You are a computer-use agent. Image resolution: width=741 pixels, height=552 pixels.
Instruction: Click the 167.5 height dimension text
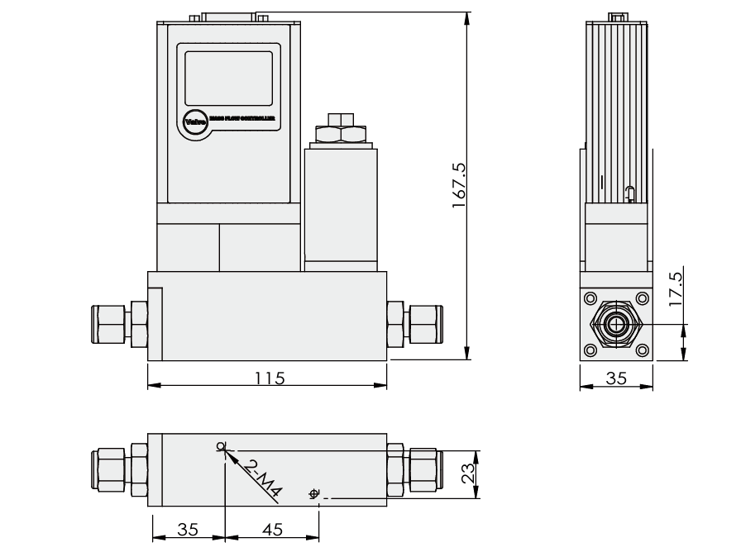(x=460, y=185)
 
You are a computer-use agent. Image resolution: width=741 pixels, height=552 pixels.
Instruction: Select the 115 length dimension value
(x=270, y=378)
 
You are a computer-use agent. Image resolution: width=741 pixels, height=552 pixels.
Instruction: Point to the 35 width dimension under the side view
(x=616, y=378)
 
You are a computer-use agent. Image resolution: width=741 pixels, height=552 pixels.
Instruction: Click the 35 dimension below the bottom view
(x=189, y=530)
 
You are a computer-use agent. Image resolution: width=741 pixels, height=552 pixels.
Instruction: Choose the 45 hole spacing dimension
(x=272, y=530)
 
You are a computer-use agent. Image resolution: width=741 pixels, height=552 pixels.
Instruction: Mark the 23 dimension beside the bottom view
(x=467, y=474)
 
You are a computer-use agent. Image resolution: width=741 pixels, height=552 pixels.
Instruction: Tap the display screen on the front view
(x=228, y=77)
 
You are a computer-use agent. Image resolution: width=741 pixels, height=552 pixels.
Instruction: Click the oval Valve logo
(x=195, y=121)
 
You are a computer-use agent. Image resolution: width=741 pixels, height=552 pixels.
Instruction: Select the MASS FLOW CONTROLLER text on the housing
(x=241, y=121)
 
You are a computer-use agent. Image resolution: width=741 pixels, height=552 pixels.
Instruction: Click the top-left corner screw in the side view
(x=590, y=298)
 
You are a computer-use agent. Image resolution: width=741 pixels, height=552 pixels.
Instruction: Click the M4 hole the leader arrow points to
(x=221, y=447)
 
